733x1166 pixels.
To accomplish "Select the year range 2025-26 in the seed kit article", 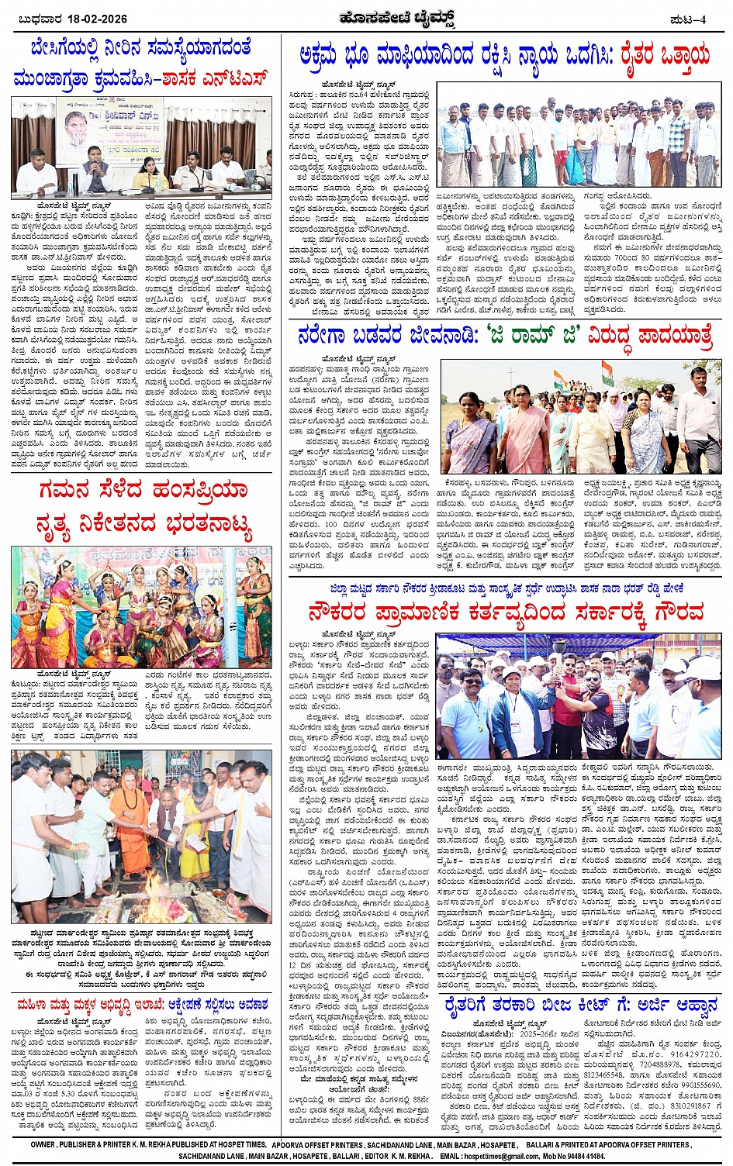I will point(541,1033).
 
